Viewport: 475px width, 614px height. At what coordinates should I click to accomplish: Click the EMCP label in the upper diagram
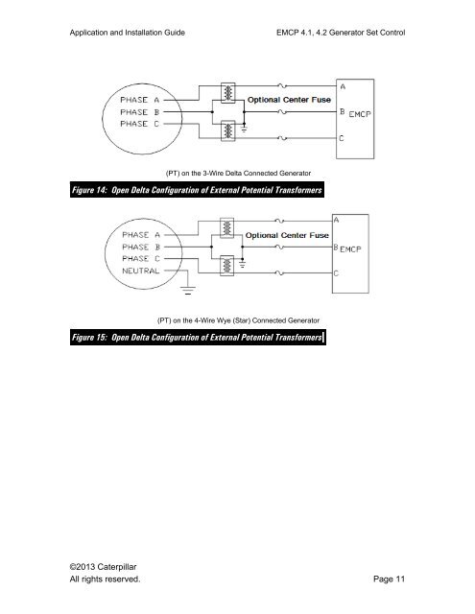point(360,114)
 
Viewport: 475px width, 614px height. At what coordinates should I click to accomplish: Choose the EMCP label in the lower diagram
point(356,248)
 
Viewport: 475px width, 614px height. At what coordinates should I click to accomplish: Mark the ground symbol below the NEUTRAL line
point(188,287)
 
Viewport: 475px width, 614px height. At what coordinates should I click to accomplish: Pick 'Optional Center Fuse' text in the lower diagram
point(288,235)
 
